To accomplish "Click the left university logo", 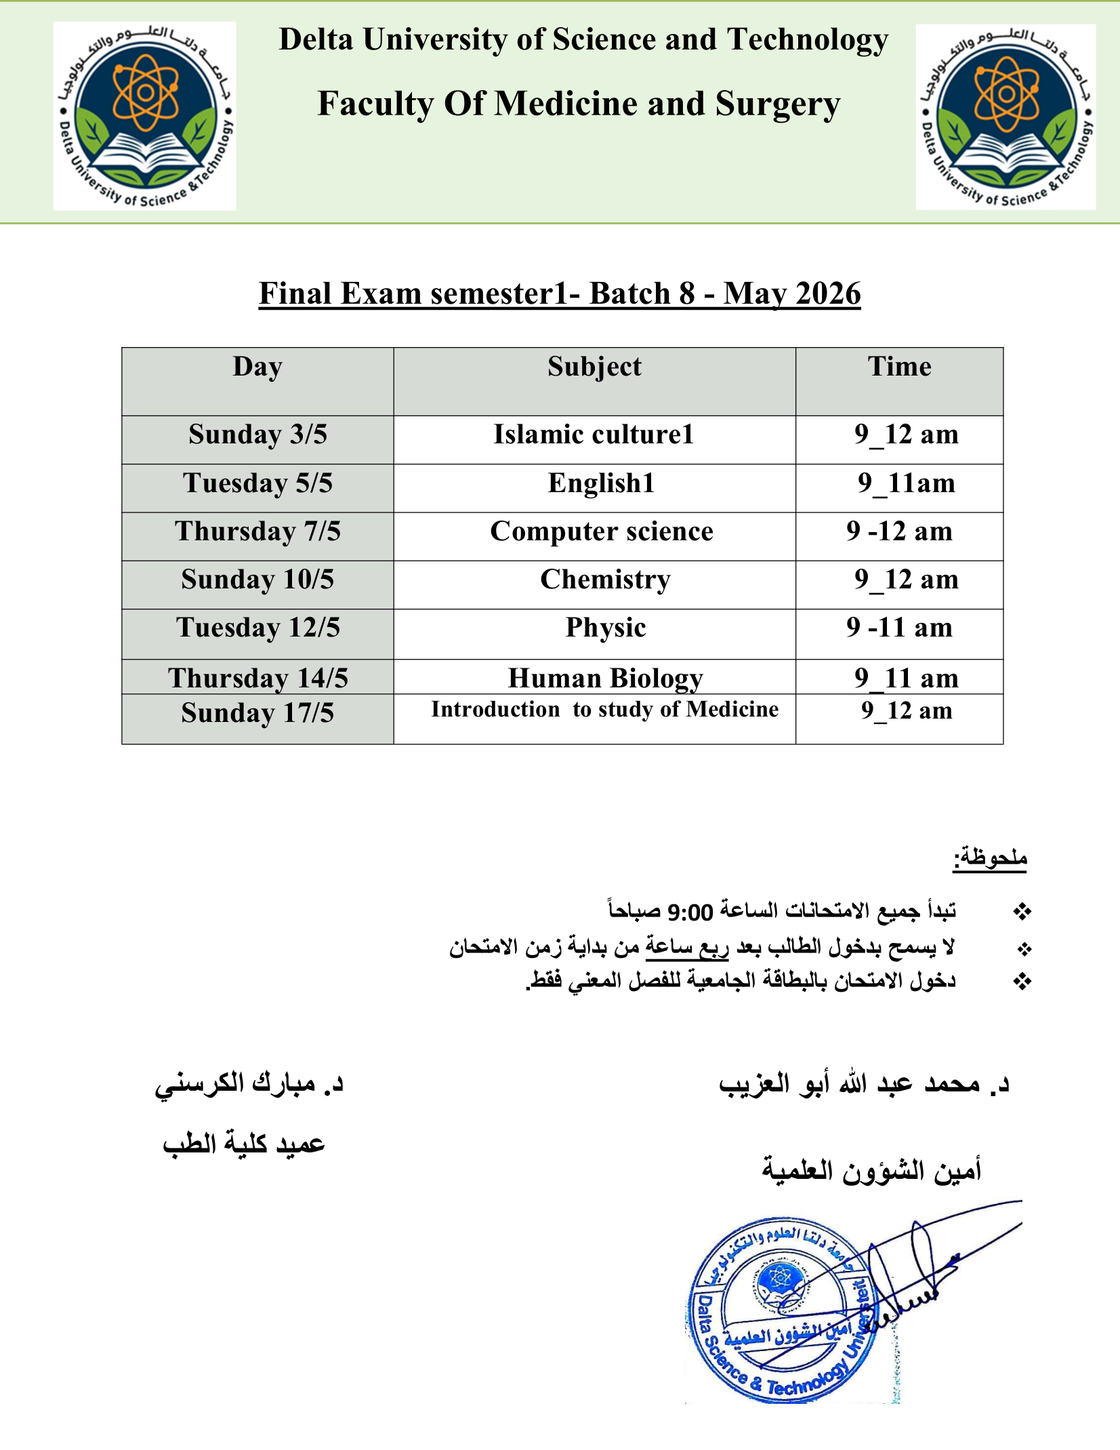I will coord(145,115).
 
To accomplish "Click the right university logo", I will coord(1005,117).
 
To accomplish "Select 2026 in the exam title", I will coord(828,294).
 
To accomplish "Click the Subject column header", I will coord(594,367).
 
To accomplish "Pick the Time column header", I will coord(899,367).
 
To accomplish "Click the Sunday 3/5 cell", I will coord(257,435).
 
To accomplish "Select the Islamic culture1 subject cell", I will coord(594,435).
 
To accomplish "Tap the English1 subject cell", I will coord(601,483).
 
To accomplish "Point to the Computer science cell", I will coord(601,531).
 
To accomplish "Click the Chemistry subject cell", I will coord(605,580).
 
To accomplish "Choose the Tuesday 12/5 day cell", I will coord(257,628).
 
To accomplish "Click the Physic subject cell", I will coord(606,628).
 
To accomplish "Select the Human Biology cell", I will coord(605,678).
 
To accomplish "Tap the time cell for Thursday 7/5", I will coord(899,531).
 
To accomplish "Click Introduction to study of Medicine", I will coord(605,710).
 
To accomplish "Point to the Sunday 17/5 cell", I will coord(257,713).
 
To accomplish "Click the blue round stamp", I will coord(779,1312).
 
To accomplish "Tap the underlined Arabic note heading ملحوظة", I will coord(991,858).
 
